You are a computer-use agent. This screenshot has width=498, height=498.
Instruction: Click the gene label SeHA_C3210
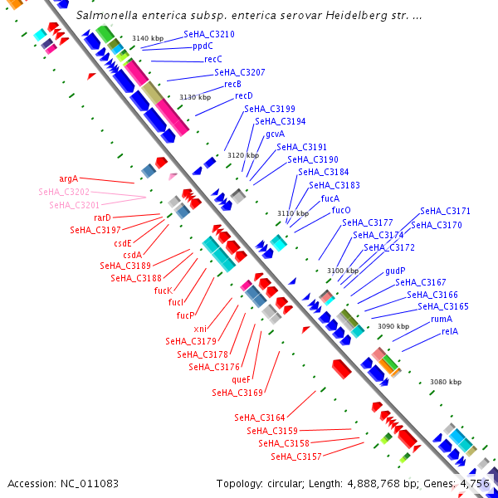[209, 35]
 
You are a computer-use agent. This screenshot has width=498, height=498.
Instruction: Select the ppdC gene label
[203, 47]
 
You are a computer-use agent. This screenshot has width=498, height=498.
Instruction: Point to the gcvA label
[276, 134]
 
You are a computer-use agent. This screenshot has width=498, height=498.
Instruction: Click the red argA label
[68, 178]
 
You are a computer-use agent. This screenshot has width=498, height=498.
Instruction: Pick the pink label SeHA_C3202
[64, 192]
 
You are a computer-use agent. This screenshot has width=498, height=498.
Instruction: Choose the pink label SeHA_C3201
[74, 205]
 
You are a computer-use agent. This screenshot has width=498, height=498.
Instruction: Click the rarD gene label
[102, 217]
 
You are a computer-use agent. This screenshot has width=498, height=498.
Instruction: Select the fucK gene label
[164, 290]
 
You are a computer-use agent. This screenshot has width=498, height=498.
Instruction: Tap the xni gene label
[200, 329]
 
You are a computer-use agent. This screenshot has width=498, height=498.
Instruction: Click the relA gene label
[450, 332]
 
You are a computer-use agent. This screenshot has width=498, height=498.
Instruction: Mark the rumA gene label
[442, 320]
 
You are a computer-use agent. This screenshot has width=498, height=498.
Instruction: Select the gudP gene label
[395, 271]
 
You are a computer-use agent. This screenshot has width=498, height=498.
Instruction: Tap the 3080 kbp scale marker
[446, 382]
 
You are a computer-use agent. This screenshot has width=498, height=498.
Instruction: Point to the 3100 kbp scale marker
[343, 271]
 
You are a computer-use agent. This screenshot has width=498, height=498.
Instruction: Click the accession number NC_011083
[90, 483]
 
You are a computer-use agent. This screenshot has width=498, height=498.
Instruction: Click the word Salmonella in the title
[105, 16]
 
